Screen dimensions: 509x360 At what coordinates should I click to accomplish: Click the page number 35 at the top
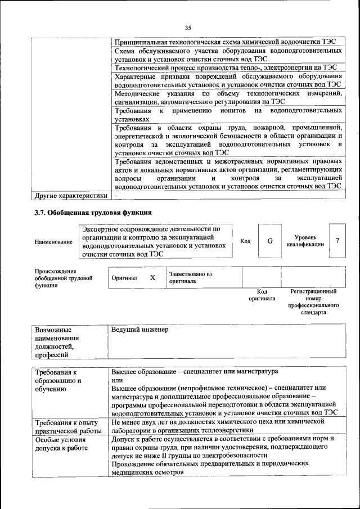[x=188, y=28]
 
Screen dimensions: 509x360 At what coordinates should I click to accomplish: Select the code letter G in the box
[x=269, y=241]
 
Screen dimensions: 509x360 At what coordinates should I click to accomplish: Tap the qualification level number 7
[x=337, y=241]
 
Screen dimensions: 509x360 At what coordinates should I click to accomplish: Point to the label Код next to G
[x=245, y=241]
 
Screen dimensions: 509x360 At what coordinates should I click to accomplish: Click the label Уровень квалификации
[x=305, y=241]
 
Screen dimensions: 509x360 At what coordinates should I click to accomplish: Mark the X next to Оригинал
[x=152, y=278]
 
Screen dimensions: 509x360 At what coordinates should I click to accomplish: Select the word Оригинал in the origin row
[x=124, y=278]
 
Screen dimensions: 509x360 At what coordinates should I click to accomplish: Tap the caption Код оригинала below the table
[x=262, y=295]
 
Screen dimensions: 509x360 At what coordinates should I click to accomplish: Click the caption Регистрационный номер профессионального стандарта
[x=313, y=301]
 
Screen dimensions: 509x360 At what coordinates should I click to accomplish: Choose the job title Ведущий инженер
[x=139, y=330]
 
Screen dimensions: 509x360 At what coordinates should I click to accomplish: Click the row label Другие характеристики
[x=70, y=196]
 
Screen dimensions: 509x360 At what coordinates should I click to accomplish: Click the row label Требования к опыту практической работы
[x=67, y=426]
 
